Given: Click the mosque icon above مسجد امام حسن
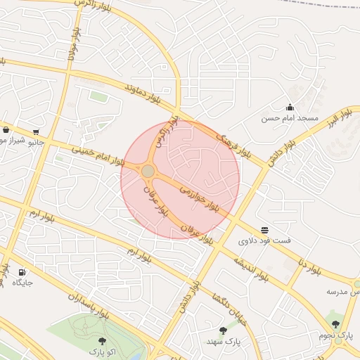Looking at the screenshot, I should coord(290,108).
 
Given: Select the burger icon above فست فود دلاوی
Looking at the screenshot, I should coord(264,230).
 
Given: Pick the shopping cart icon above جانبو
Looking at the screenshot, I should coord(35,131).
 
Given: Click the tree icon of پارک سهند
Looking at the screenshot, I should coord(223,330).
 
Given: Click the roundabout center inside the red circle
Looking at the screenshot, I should coord(148,171).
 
